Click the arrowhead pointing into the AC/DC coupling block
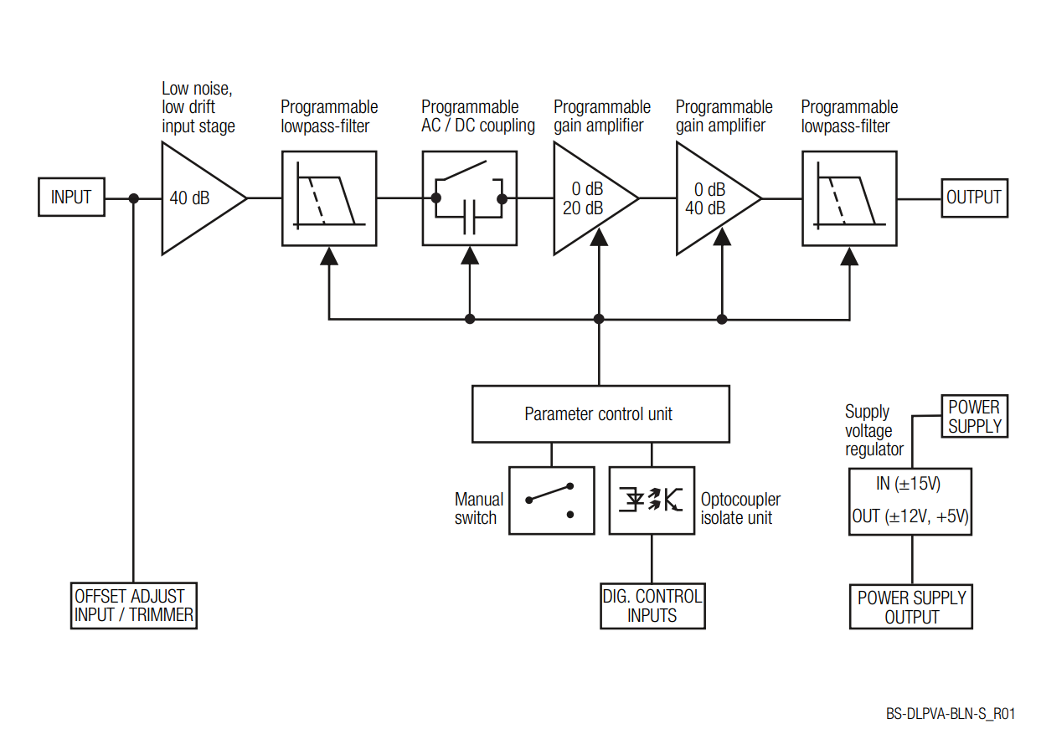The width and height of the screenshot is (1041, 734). (470, 256)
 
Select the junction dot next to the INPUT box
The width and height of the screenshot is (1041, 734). (134, 199)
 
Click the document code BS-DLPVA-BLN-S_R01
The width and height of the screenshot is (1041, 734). (951, 714)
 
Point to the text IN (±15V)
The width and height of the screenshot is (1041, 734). (908, 484)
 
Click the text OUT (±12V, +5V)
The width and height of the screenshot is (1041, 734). (910, 516)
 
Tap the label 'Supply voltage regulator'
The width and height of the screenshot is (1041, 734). (874, 430)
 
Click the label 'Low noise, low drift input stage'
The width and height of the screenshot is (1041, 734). (198, 107)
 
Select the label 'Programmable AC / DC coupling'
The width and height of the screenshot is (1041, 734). (477, 116)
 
